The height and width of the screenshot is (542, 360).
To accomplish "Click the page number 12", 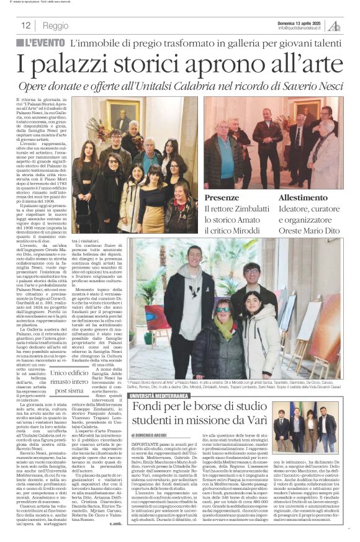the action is point(26,25).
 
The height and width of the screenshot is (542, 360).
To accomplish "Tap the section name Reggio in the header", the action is point(56,25).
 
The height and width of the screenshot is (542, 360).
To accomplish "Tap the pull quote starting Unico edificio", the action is point(70,381).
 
